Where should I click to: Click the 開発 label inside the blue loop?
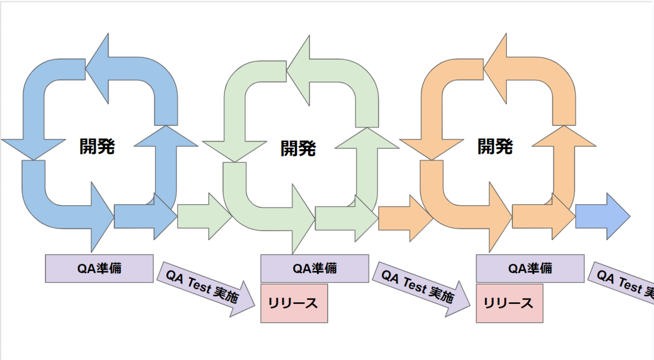pos(97,146)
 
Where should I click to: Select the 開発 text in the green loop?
pos(298,148)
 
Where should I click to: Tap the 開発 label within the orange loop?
pos(495,146)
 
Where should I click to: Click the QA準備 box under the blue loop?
pos(99,268)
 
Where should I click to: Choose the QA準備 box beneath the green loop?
pos(314,268)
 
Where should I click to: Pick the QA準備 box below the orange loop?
pos(530,268)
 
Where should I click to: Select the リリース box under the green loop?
pos(294,303)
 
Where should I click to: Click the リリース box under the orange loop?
pos(510,303)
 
